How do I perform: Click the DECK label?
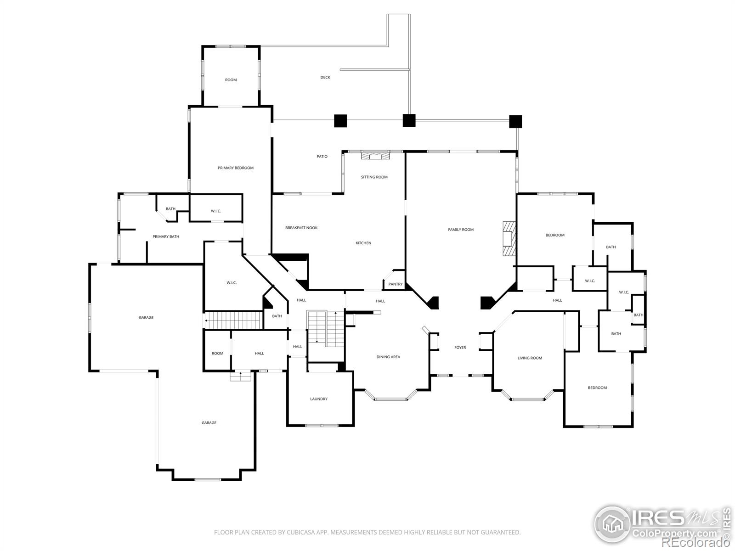click(325, 77)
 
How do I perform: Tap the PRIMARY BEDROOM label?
click(235, 168)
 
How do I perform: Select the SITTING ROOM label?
click(374, 177)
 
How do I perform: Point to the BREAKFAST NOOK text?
click(301, 228)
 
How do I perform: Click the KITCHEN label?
click(363, 243)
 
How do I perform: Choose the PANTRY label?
click(396, 284)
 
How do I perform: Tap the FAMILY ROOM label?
click(461, 230)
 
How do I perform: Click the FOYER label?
click(460, 347)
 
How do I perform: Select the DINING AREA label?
click(388, 357)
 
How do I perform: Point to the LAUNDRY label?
click(318, 399)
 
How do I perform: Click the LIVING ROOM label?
click(529, 358)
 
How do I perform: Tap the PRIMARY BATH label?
click(166, 236)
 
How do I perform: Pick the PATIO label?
click(322, 156)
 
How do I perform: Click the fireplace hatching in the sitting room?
click(376, 156)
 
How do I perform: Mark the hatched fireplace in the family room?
click(509, 238)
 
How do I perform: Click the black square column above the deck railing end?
click(409, 120)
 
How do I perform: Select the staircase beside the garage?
click(233, 320)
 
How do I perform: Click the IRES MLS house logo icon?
click(612, 524)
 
